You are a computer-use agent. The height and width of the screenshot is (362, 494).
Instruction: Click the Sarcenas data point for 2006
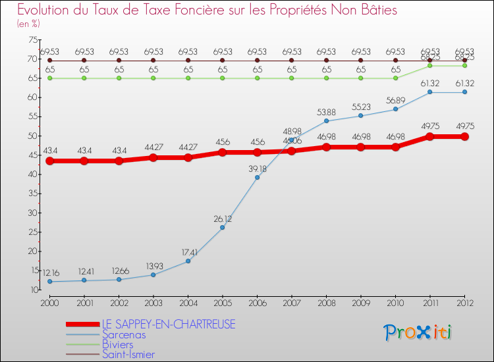click(257, 178)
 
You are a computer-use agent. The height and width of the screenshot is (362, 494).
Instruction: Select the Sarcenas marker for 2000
click(49, 282)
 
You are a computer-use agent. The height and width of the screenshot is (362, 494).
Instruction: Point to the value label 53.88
click(326, 112)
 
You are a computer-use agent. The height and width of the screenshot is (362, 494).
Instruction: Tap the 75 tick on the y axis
click(32, 40)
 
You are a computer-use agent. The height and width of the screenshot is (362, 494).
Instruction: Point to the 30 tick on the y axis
click(32, 213)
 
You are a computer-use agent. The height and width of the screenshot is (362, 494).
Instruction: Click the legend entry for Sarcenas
click(124, 334)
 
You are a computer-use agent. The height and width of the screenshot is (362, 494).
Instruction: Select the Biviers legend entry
click(118, 344)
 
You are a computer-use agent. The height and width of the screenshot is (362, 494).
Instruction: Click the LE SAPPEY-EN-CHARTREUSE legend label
click(168, 324)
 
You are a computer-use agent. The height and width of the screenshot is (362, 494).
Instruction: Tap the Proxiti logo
click(418, 332)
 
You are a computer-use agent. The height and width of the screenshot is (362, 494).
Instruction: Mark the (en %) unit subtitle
click(28, 24)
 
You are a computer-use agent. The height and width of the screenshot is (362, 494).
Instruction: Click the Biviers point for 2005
click(223, 78)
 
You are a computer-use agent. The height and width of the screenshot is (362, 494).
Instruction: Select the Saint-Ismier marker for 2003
click(153, 61)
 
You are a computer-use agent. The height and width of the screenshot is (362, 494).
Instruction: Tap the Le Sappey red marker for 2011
click(429, 137)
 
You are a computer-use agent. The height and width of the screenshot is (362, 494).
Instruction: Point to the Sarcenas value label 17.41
click(188, 251)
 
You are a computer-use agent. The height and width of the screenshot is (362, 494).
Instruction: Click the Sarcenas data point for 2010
click(395, 109)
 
